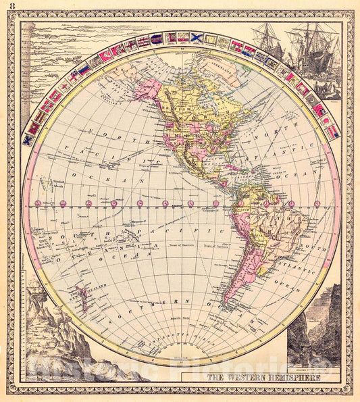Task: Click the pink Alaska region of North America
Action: [x=147, y=89]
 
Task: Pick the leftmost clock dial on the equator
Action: [x=38, y=203]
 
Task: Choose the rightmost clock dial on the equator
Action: [x=317, y=203]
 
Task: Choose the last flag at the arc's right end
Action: [x=332, y=132]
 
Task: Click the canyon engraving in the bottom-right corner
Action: [x=314, y=331]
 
